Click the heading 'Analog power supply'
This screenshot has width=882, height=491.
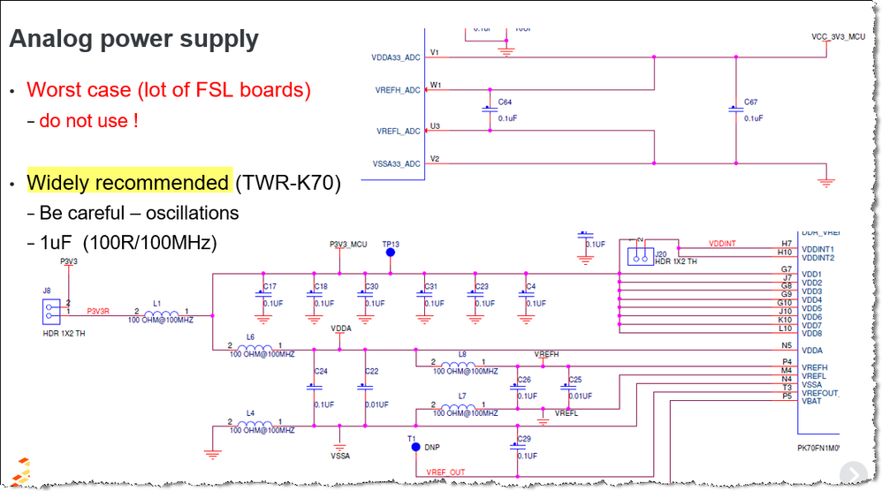pos(133,40)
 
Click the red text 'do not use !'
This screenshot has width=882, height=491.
pos(88,121)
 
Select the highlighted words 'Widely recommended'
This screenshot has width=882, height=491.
pos(128,183)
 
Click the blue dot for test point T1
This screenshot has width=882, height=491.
pos(415,447)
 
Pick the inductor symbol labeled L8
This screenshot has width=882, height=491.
pos(461,363)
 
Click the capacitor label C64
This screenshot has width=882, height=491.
pos(505,102)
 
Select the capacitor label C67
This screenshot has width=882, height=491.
pos(751,102)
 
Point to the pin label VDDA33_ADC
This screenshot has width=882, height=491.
pos(396,57)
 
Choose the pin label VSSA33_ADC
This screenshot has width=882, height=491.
pos(396,163)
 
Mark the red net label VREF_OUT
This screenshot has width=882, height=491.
pos(445,472)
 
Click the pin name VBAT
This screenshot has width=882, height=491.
pos(810,401)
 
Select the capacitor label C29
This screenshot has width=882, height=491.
pos(524,439)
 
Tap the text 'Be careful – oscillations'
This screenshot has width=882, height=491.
pos(139,213)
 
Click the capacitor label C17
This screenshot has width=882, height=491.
pos(270,286)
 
